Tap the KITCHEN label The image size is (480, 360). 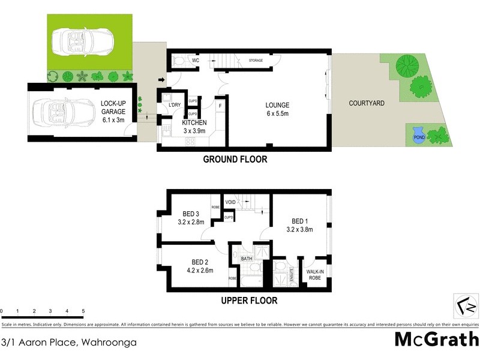pyautogui.click(x=194, y=122)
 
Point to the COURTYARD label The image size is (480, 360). pyautogui.click(x=367, y=103)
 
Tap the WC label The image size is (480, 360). pyautogui.click(x=196, y=61)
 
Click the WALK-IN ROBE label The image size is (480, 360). pyautogui.click(x=314, y=275)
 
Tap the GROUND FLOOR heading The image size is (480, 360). pyautogui.click(x=235, y=160)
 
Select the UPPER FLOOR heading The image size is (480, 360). pyautogui.click(x=248, y=300)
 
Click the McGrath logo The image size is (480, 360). pyautogui.click(x=436, y=339)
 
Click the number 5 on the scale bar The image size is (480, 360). pyautogui.click(x=83, y=311)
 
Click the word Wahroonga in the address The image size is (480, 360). pyautogui.click(x=109, y=343)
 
